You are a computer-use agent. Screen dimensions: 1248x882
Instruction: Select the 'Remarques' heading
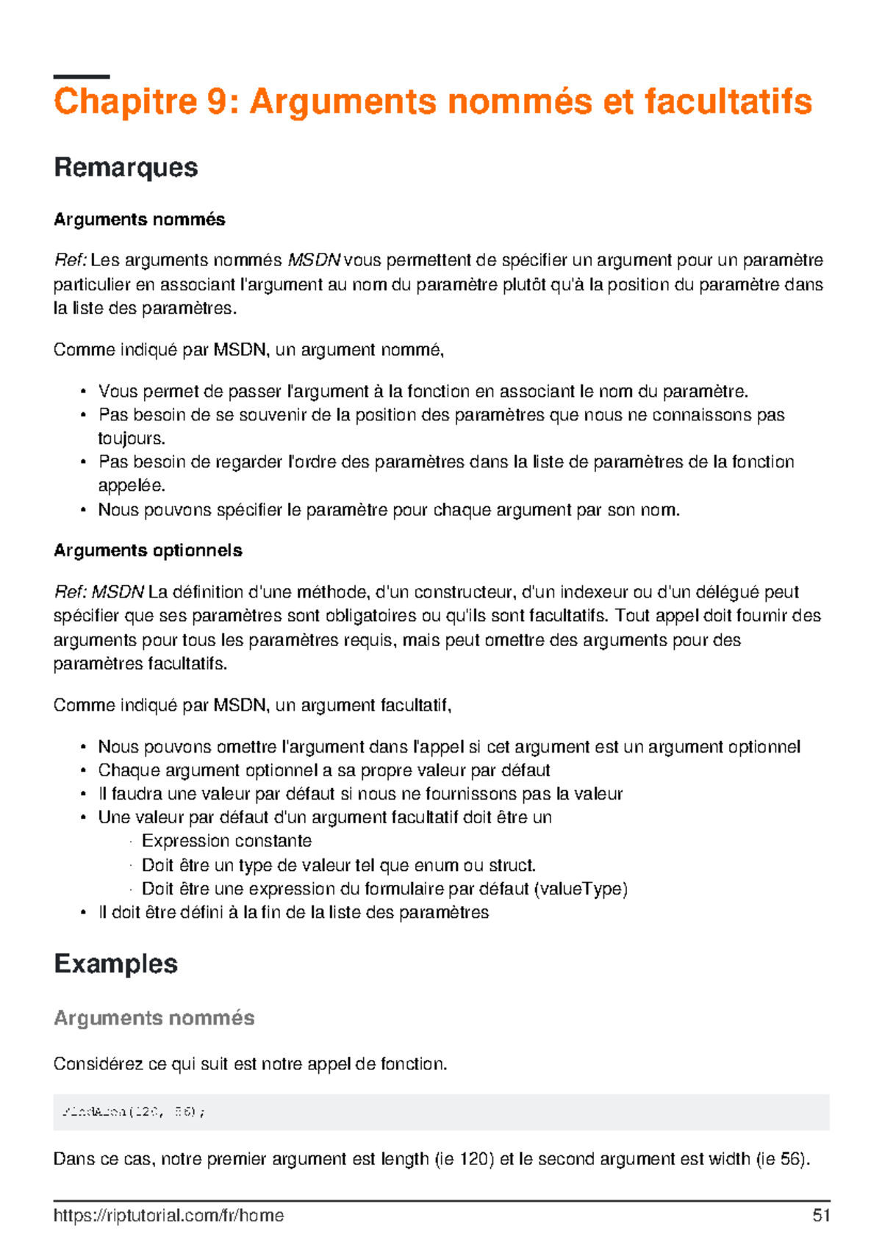(126, 168)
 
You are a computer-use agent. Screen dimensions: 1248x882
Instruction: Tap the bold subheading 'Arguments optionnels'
(148, 551)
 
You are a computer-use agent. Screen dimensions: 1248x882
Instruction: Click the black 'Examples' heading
(115, 964)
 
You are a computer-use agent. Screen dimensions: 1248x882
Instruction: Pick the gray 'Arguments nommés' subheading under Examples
(154, 1018)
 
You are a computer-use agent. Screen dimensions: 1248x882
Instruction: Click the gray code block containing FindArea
(441, 1112)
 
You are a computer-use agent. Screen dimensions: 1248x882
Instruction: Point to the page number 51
(821, 1215)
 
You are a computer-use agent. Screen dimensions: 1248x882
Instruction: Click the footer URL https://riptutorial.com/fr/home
(168, 1215)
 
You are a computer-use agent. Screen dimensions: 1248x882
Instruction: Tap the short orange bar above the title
(82, 76)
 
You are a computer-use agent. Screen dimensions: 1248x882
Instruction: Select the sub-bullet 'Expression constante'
(226, 841)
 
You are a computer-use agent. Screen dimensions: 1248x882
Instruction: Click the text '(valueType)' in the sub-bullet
(581, 889)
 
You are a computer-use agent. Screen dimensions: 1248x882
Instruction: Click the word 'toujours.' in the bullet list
(132, 439)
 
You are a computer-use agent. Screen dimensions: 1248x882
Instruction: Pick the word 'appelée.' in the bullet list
(132, 486)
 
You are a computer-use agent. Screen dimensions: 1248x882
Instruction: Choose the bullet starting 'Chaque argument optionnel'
(323, 770)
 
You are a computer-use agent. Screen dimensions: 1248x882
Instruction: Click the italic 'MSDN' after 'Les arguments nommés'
(314, 260)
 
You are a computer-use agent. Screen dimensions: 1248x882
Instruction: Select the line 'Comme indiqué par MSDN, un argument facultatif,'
(252, 706)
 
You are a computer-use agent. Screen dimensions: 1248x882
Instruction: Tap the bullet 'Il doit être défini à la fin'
(293, 913)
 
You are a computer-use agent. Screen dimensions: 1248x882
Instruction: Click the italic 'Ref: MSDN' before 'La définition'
(98, 592)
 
